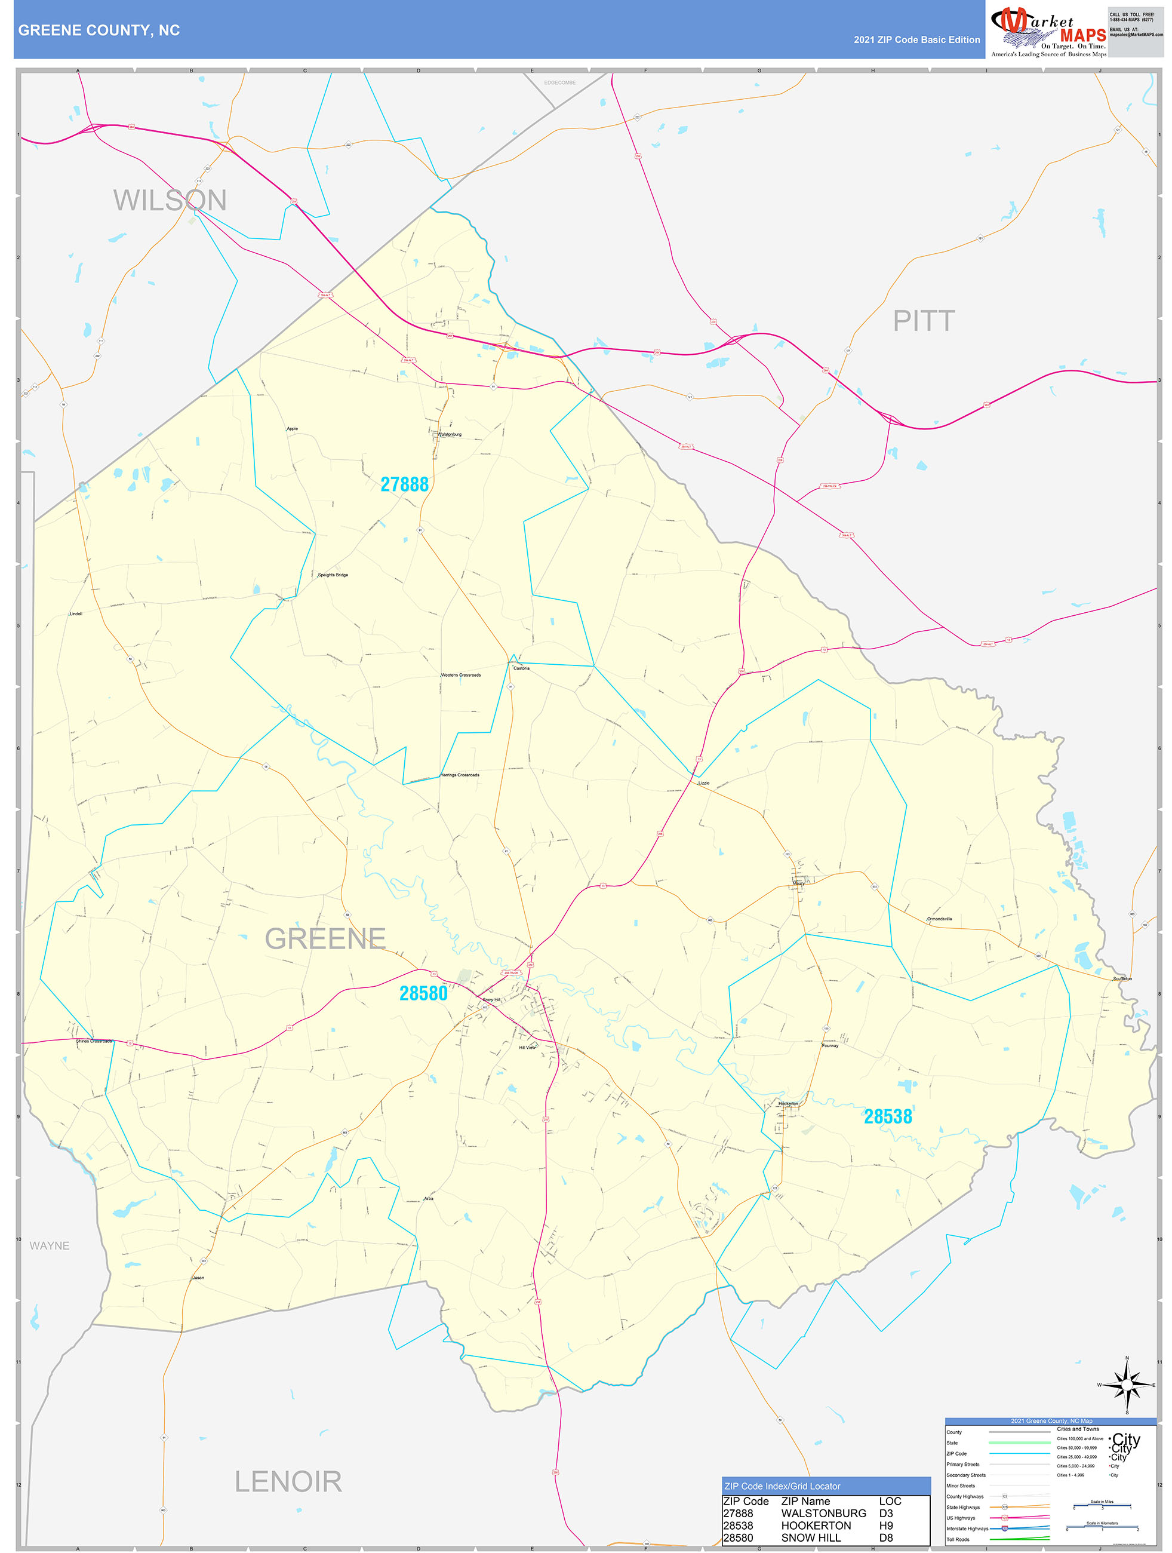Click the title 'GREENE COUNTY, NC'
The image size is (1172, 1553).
pyautogui.click(x=99, y=30)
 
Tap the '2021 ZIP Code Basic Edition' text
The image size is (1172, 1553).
pyautogui.click(x=916, y=40)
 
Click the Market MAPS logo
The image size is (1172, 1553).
pyautogui.click(x=1048, y=32)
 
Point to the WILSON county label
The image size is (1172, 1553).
pyautogui.click(x=170, y=201)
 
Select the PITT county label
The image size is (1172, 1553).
pyautogui.click(x=923, y=321)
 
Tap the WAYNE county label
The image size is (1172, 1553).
pyautogui.click(x=49, y=1245)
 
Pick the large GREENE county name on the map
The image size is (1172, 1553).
pyautogui.click(x=325, y=939)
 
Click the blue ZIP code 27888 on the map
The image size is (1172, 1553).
pyautogui.click(x=404, y=484)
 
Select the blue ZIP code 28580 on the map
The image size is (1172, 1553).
pyautogui.click(x=423, y=993)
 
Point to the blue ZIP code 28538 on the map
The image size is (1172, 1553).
pyautogui.click(x=887, y=1116)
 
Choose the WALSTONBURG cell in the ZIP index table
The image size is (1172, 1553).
pyautogui.click(x=823, y=1513)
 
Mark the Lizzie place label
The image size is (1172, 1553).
pyautogui.click(x=703, y=783)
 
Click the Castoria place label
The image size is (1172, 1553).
pyautogui.click(x=521, y=668)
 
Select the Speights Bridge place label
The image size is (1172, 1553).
pyautogui.click(x=333, y=575)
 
